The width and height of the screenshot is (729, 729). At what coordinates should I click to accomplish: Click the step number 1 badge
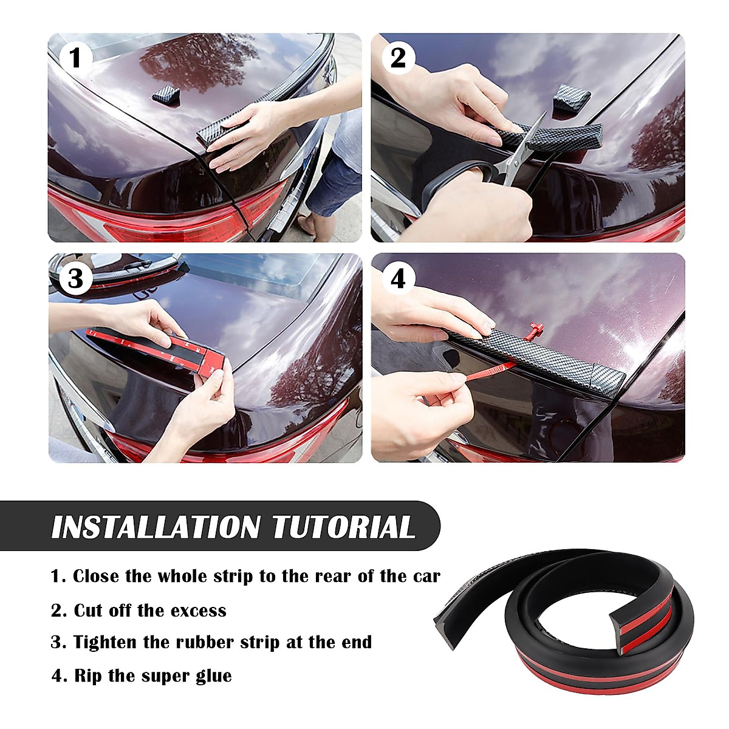tap(75, 59)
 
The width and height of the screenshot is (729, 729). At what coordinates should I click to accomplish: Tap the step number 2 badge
tap(398, 58)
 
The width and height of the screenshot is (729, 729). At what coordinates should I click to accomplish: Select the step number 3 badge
tap(75, 279)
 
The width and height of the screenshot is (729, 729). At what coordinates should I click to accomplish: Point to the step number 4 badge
tap(398, 279)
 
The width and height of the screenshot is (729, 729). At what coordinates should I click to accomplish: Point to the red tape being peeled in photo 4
tap(486, 371)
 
